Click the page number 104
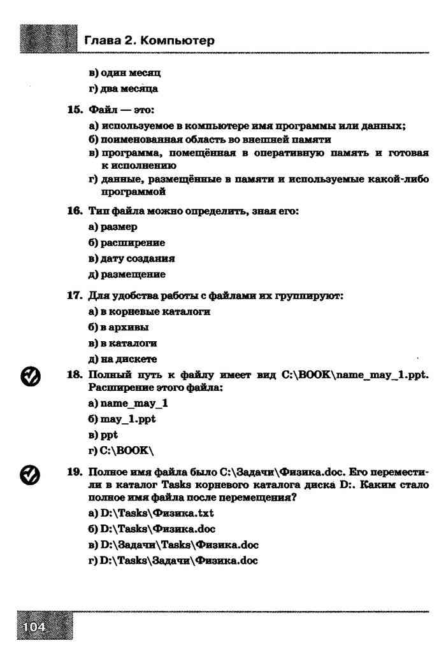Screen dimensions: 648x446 (x=34, y=627)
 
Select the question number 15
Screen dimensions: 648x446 (x=77, y=109)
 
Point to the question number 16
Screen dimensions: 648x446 (x=77, y=211)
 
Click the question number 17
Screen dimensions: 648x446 (x=77, y=296)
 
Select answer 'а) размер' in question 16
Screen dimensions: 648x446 (x=113, y=227)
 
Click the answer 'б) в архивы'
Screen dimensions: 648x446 (x=119, y=328)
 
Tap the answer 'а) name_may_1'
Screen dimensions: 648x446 (x=128, y=404)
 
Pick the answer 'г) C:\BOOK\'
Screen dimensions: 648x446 (x=121, y=451)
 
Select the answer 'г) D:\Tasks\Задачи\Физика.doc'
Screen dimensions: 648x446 (x=173, y=560)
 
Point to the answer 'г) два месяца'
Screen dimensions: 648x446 (x=123, y=89)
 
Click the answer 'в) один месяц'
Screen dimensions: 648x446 (x=124, y=73)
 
